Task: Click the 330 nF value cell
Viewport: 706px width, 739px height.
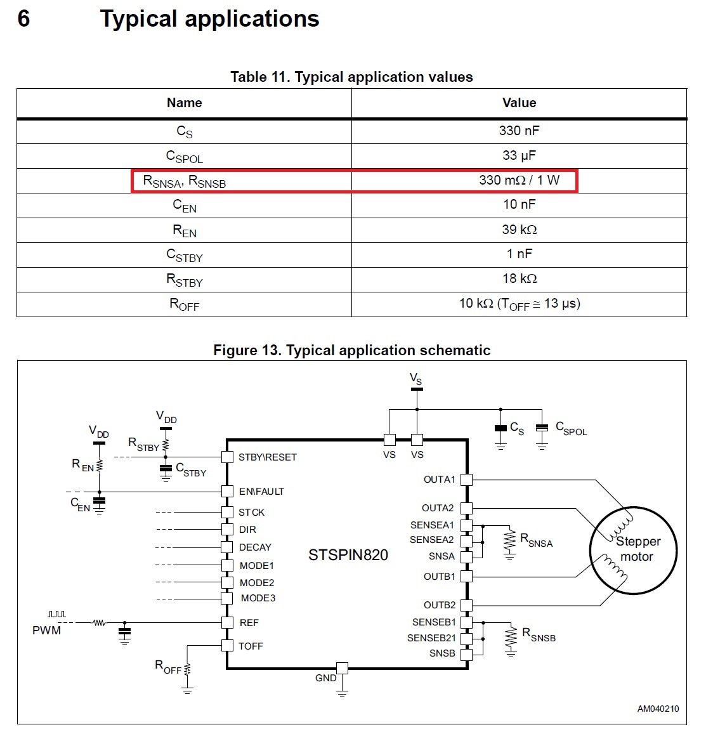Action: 519,131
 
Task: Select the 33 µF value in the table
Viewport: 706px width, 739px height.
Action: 519,155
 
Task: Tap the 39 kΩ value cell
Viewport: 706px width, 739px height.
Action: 519,230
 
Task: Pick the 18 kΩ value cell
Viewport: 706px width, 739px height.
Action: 519,278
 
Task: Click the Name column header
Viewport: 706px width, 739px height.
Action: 184,103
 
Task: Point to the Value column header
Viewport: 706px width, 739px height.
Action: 519,103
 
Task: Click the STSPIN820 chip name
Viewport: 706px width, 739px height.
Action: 348,555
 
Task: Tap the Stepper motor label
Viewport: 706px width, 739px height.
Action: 637,549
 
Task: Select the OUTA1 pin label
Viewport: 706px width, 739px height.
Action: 440,480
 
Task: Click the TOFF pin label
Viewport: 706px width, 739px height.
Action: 251,646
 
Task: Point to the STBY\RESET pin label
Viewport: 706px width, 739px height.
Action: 267,457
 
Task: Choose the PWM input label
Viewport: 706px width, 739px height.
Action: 47,630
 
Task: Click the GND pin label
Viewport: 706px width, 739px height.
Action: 325,678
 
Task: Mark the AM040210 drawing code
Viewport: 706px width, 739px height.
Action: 658,709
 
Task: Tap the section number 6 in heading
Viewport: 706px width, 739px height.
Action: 23,19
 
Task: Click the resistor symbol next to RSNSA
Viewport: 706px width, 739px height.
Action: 509,542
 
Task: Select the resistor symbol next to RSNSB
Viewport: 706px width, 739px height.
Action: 511,638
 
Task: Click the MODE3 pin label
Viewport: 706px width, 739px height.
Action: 258,598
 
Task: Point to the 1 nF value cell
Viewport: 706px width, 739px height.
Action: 519,254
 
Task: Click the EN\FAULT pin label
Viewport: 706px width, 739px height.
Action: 261,492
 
